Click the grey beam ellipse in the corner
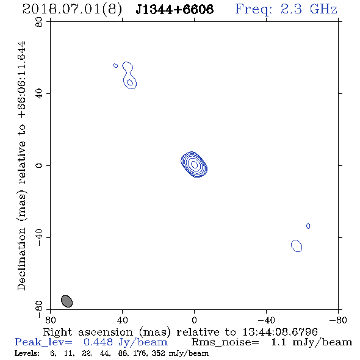[67, 301]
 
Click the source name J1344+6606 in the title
[175, 9]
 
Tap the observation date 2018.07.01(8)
[72, 10]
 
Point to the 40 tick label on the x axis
[122, 320]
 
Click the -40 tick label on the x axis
[266, 320]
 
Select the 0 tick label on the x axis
[194, 320]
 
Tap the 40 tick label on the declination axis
[39, 94]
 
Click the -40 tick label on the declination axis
[39, 237]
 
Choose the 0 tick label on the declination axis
[39, 165]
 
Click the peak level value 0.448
[98, 342]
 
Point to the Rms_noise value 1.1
[279, 342]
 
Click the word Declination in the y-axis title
[21, 259]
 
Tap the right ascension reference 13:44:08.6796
[280, 332]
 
